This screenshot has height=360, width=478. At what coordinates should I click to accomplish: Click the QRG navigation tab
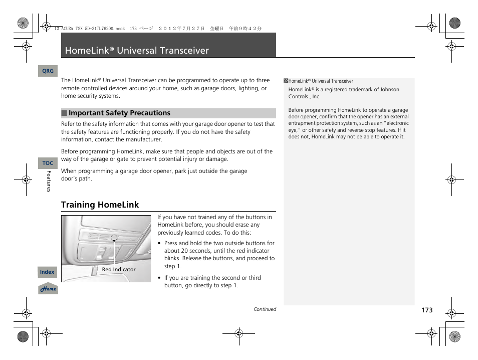(48, 71)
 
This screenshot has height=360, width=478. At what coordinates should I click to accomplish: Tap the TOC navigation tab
(48, 163)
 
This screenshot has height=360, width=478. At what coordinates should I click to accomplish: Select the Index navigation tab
(47, 272)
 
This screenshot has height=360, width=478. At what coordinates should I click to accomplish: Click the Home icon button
(48, 289)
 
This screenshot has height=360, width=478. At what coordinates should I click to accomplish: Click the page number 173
(426, 310)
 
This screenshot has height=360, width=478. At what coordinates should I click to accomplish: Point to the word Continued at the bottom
(265, 309)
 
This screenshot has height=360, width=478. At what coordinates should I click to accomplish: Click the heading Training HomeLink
(100, 205)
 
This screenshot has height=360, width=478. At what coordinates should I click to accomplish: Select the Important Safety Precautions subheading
(119, 113)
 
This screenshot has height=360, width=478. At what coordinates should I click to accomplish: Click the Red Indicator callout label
(119, 269)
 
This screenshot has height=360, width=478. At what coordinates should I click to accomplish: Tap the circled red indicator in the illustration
(114, 237)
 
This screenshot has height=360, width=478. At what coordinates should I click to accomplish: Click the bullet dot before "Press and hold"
(159, 244)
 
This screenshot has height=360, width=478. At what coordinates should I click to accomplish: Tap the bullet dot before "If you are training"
(159, 278)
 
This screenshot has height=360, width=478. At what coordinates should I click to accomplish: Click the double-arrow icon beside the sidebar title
(286, 81)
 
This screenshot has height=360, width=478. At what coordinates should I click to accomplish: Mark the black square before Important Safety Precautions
(64, 113)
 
